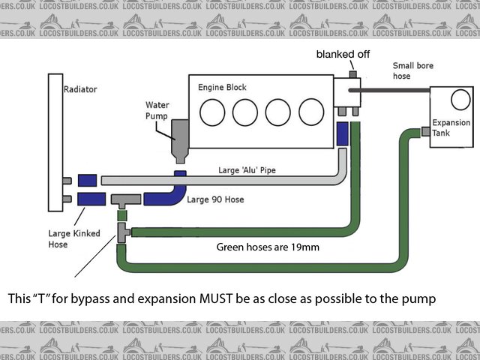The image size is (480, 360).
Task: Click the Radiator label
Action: pos(80,88)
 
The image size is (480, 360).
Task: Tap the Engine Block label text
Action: pos(222,88)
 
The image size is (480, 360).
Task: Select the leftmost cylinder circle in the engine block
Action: pos(212,113)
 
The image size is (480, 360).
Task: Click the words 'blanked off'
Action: pos(342,54)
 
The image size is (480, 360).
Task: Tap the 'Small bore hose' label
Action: pos(412,71)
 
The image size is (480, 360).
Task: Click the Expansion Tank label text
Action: pos(451,128)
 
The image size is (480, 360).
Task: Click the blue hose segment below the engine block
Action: pos(343,133)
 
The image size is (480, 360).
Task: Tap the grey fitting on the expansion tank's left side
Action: pos(425,131)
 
